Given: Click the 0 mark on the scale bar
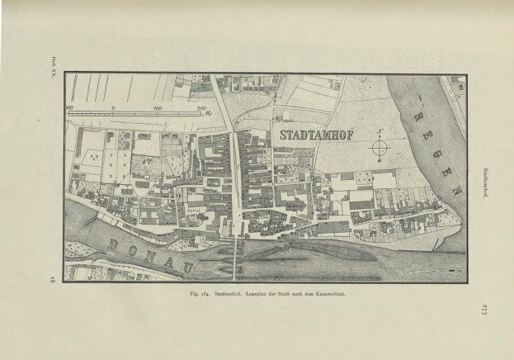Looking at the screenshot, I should tap(112, 108).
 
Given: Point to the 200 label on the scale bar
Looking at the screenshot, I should tap(200, 108).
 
